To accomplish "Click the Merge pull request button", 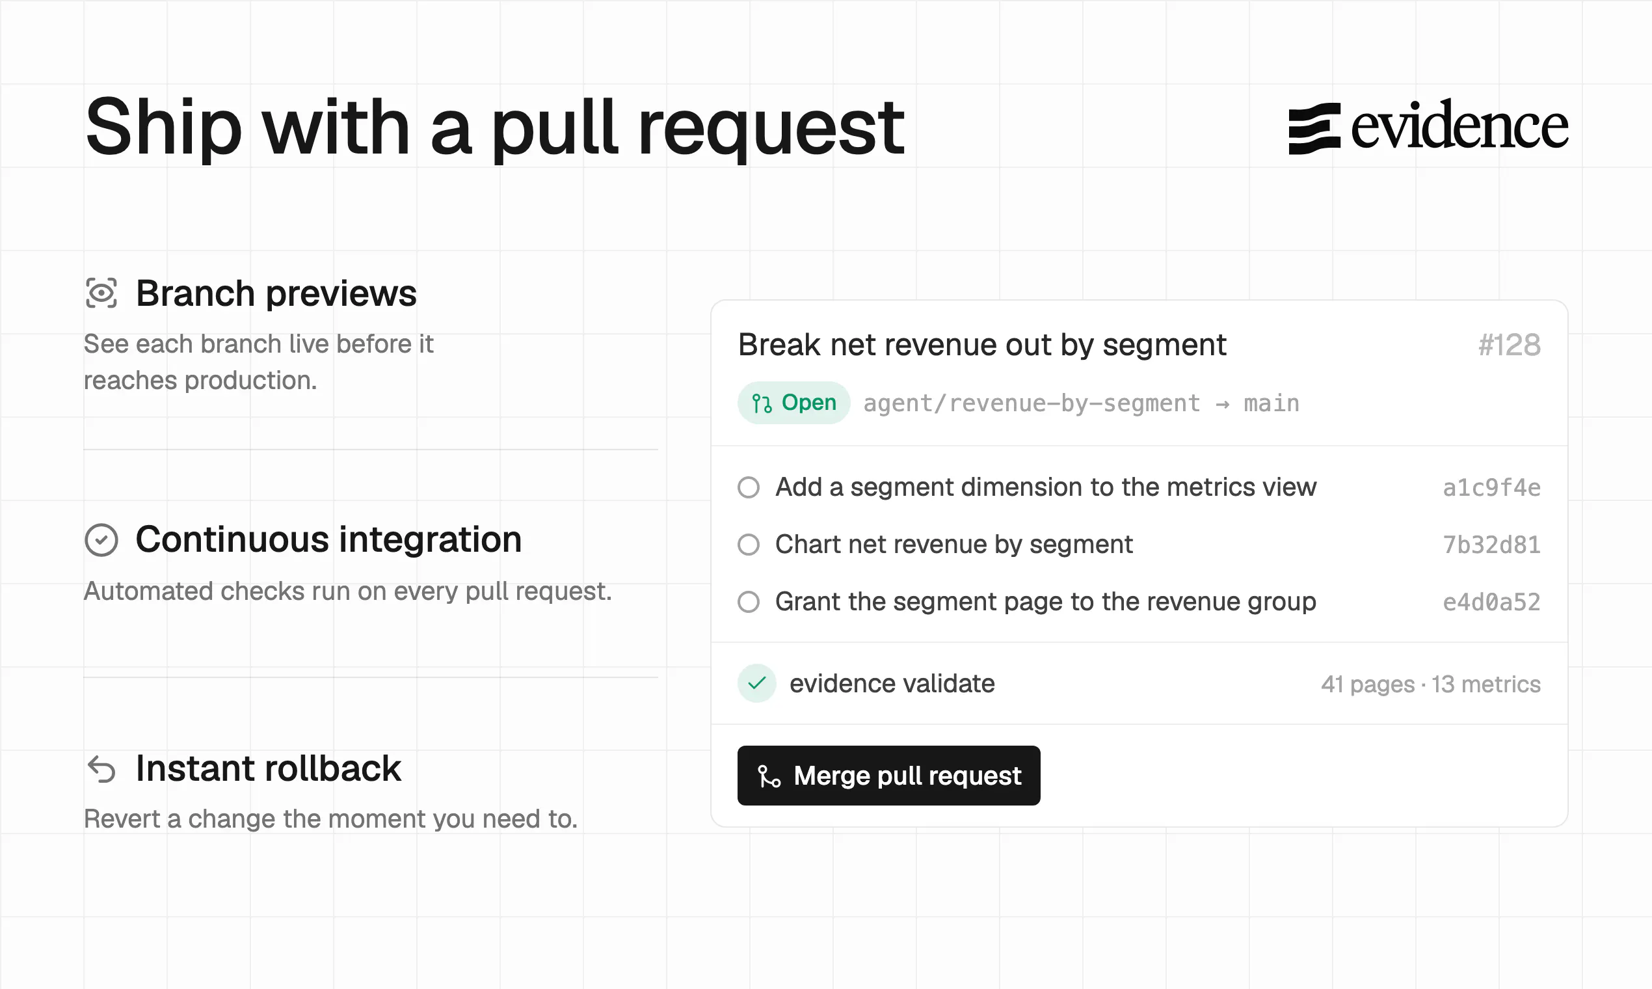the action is coord(888,775).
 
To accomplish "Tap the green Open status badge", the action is coord(793,403).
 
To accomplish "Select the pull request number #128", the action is coord(1510,345).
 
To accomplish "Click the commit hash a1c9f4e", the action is coord(1491,487).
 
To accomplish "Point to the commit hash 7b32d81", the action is coord(1491,545).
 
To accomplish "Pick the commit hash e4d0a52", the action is coord(1491,602).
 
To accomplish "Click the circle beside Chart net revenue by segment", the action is coord(749,545).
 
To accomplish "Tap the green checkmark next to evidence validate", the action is coord(756,683).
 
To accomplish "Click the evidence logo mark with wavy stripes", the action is coord(1314,129).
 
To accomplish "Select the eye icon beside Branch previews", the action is coord(101,293).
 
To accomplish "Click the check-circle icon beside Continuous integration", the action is coord(101,540).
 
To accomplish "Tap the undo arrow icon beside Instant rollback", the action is coord(101,768).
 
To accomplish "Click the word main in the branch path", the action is coord(1272,403).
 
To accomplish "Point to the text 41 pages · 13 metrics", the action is coord(1431,684).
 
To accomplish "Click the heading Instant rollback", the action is coord(269,768).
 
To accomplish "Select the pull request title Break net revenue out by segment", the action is coord(982,345).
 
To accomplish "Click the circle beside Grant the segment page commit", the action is coord(749,602).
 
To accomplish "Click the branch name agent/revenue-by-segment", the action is coord(1032,403).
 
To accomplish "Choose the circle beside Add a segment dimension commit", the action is coord(749,487).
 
